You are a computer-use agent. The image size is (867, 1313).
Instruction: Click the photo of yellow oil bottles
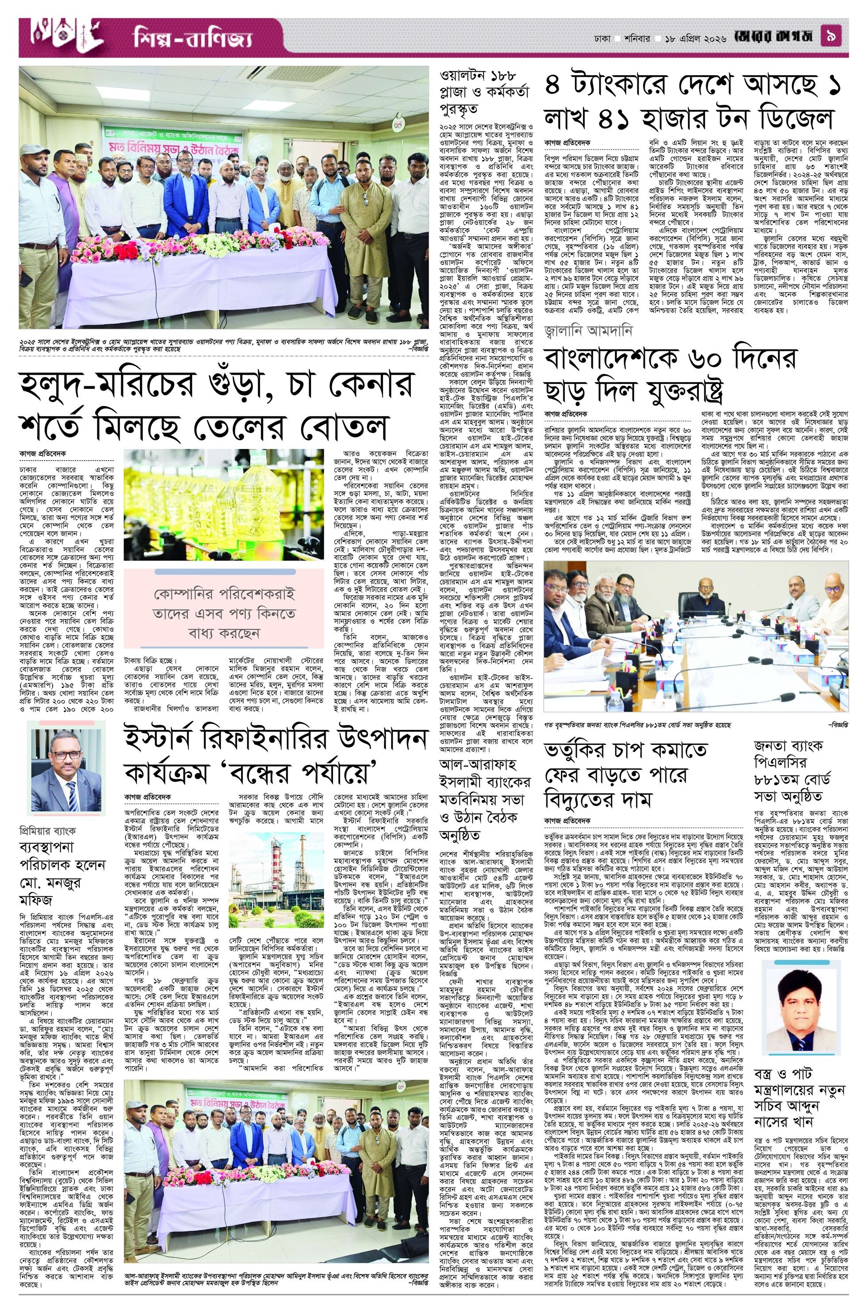click(224, 506)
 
